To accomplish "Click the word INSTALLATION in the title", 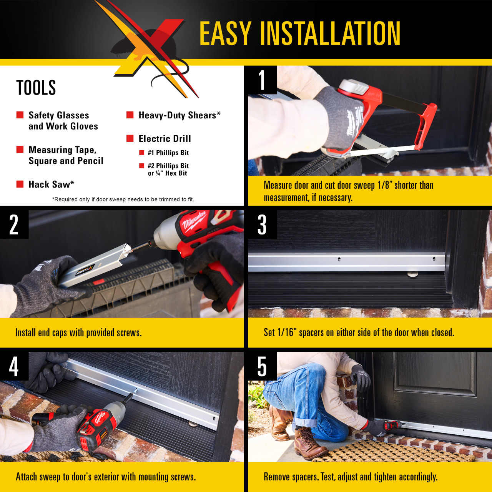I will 331,33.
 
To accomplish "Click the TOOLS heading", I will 36,88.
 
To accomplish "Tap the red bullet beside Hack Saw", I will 20,184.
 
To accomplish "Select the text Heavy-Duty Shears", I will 179,115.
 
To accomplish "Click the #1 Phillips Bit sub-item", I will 168,153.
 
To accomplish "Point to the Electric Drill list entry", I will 165,139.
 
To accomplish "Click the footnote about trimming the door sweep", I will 123,199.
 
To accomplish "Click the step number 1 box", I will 262,80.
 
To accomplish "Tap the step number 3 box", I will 262,224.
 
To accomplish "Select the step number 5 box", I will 262,366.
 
